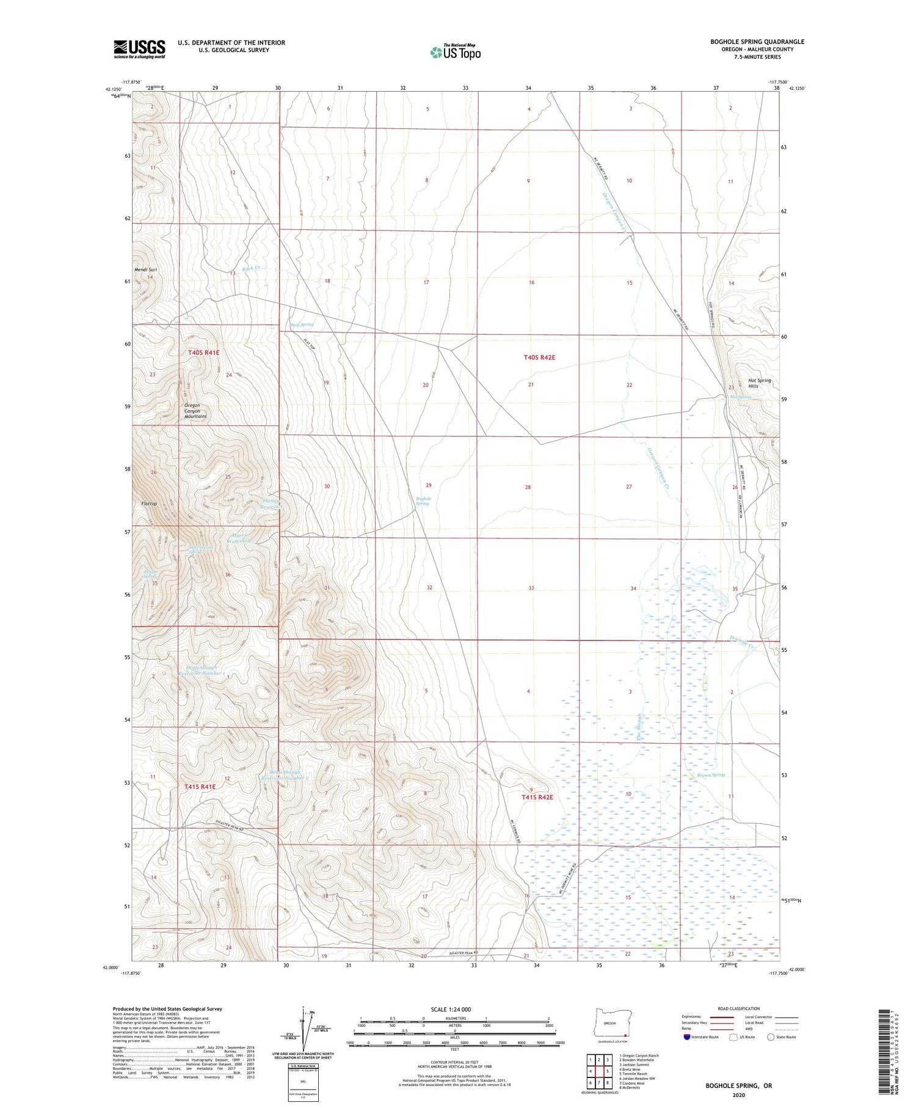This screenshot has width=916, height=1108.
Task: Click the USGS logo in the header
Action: point(139,49)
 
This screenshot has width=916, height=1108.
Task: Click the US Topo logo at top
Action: point(456,52)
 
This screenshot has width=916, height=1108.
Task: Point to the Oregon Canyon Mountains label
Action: point(195,411)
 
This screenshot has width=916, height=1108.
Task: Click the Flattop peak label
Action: point(149,504)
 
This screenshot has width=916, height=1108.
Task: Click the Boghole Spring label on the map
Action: point(423,501)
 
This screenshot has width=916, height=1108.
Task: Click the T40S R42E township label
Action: point(539,357)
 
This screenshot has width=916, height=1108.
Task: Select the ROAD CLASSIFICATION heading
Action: point(739,1008)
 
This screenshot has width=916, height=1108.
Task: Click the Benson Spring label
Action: point(710,775)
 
